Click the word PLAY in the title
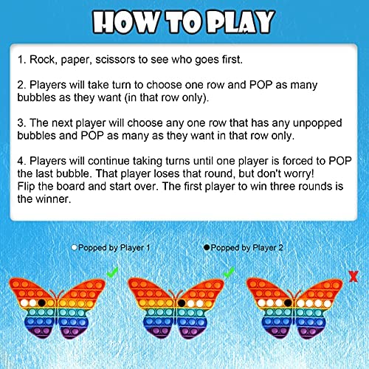(241, 21)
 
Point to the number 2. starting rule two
(22, 85)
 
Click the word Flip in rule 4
(26, 187)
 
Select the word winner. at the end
(53, 199)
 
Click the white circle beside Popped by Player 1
(74, 247)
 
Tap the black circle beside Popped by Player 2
(207, 247)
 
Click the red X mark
(354, 276)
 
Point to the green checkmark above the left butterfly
(112, 272)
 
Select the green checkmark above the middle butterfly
(228, 272)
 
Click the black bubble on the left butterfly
(42, 303)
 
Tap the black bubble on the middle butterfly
(182, 303)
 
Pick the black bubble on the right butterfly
(288, 303)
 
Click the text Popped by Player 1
(114, 248)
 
